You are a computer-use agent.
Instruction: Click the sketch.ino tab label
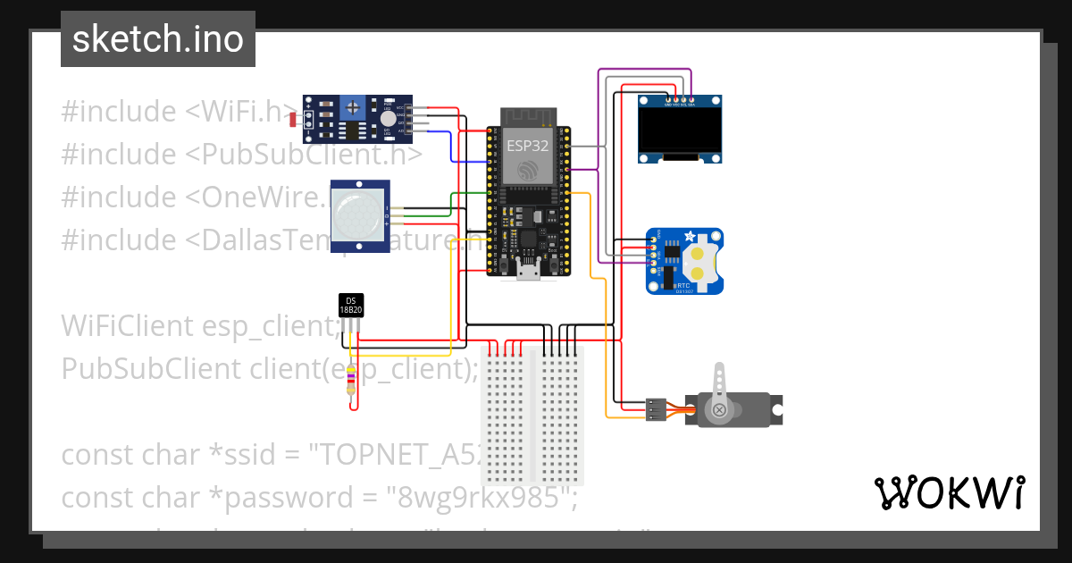coord(157,39)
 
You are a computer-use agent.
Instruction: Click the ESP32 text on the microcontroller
coord(528,144)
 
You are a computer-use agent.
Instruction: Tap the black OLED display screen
coord(680,131)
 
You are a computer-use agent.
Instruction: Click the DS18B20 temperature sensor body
coord(351,306)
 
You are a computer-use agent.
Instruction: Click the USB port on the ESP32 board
coord(529,271)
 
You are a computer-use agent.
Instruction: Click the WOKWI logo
coord(948,492)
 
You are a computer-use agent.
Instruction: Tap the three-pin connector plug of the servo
coord(656,409)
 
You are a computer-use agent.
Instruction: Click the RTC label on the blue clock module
coord(683,283)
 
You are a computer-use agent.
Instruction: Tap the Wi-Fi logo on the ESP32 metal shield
coord(528,170)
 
